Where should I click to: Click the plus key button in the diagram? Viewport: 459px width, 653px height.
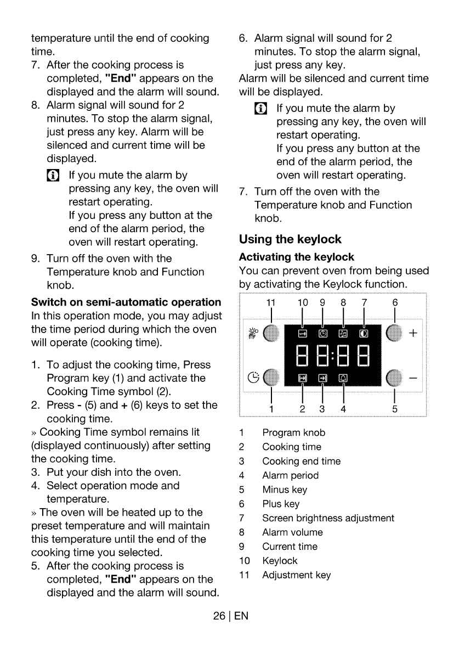point(394,333)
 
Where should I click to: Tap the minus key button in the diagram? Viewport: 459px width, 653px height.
point(394,378)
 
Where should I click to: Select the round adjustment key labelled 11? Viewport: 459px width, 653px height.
point(271,333)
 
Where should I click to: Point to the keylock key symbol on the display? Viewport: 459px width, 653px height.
point(303,334)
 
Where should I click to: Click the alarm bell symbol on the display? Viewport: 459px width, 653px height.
point(343,378)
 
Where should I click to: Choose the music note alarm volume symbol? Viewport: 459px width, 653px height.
point(343,334)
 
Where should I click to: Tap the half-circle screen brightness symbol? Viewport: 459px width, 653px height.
point(364,334)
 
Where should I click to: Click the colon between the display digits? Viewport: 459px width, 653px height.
point(332,357)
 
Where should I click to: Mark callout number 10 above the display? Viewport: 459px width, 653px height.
point(303,303)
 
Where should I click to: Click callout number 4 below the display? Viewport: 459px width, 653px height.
point(343,409)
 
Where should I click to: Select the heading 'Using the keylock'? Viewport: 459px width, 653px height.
point(290,239)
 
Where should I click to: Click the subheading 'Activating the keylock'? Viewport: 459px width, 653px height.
point(297,257)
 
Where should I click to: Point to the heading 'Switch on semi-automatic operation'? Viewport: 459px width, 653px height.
point(126,302)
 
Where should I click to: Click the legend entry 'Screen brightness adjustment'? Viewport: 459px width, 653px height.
point(328,518)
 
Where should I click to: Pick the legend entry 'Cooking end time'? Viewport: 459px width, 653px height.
point(301,461)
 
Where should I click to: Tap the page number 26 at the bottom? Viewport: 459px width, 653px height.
point(219,616)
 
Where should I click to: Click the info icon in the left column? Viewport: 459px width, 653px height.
point(53,176)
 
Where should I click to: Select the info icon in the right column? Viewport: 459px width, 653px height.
point(260,109)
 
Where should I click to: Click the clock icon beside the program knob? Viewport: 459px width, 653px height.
point(253,378)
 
